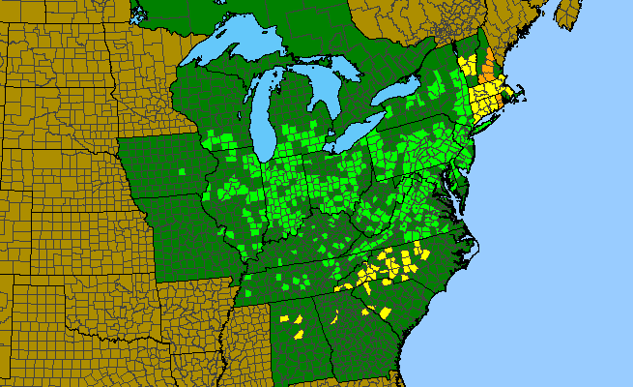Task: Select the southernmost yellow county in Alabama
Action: (x=299, y=334)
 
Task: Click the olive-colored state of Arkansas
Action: (x=193, y=319)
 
